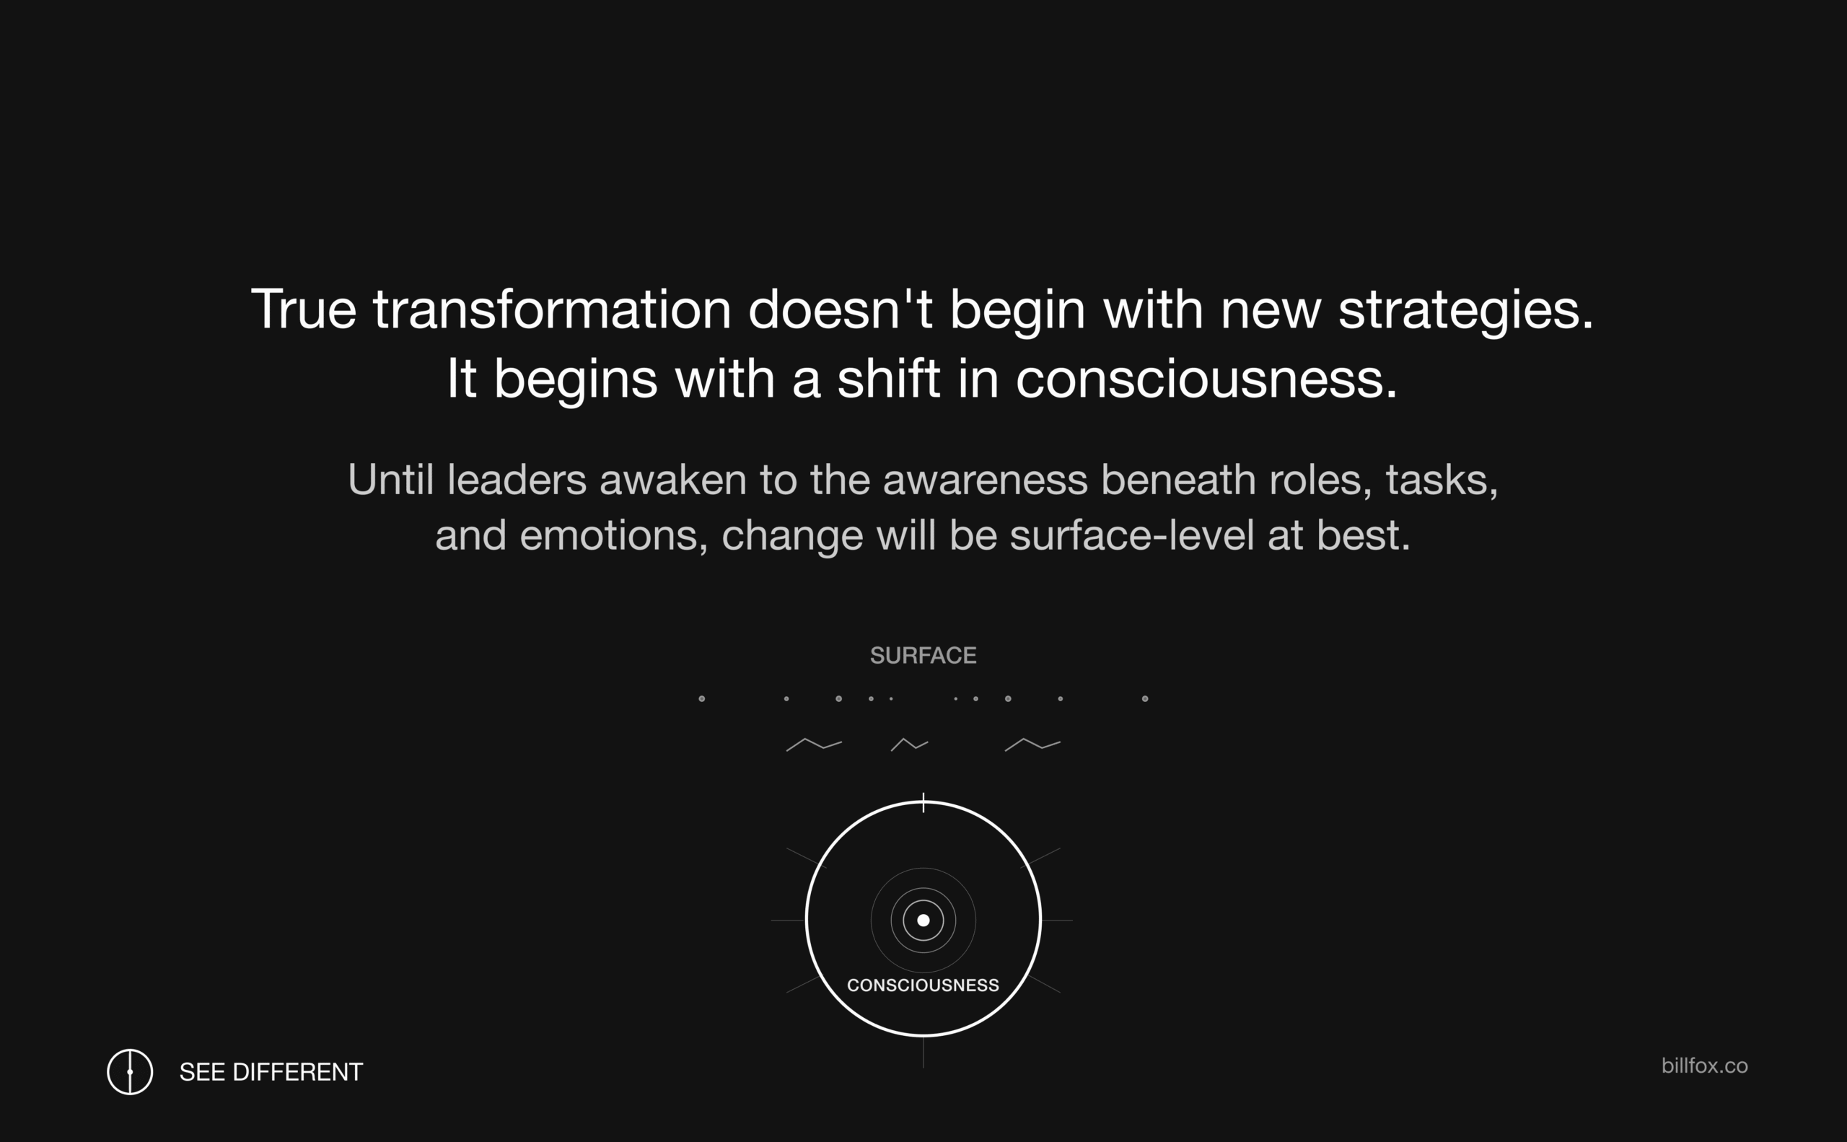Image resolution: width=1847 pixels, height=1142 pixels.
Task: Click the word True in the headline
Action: tap(304, 309)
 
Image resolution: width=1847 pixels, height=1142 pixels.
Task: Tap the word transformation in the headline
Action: tap(552, 309)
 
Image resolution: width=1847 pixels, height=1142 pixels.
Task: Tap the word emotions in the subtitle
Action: tap(614, 535)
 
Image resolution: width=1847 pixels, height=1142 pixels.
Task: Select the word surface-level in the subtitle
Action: tap(1131, 535)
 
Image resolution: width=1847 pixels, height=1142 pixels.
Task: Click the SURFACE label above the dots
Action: tap(923, 656)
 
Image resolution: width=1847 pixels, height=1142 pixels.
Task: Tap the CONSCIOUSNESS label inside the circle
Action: tap(923, 985)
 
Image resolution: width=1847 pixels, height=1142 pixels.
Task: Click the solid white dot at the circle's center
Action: tap(923, 920)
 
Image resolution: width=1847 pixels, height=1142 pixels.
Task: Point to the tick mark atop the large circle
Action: tap(923, 803)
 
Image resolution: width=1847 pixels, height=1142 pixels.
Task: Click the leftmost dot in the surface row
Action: tap(702, 698)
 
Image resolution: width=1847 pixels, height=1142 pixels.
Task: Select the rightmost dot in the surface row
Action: tap(1145, 698)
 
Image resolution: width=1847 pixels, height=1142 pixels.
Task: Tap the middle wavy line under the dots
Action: tap(910, 745)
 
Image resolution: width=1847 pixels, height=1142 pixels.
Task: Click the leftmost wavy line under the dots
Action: tap(815, 745)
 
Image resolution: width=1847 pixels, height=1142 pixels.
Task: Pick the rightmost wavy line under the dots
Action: tap(1032, 745)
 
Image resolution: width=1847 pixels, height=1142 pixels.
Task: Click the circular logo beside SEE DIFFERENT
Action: tap(130, 1072)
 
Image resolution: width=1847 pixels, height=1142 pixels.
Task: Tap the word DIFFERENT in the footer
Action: tap(298, 1072)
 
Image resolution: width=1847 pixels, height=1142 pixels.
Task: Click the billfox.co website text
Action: tap(1704, 1066)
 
